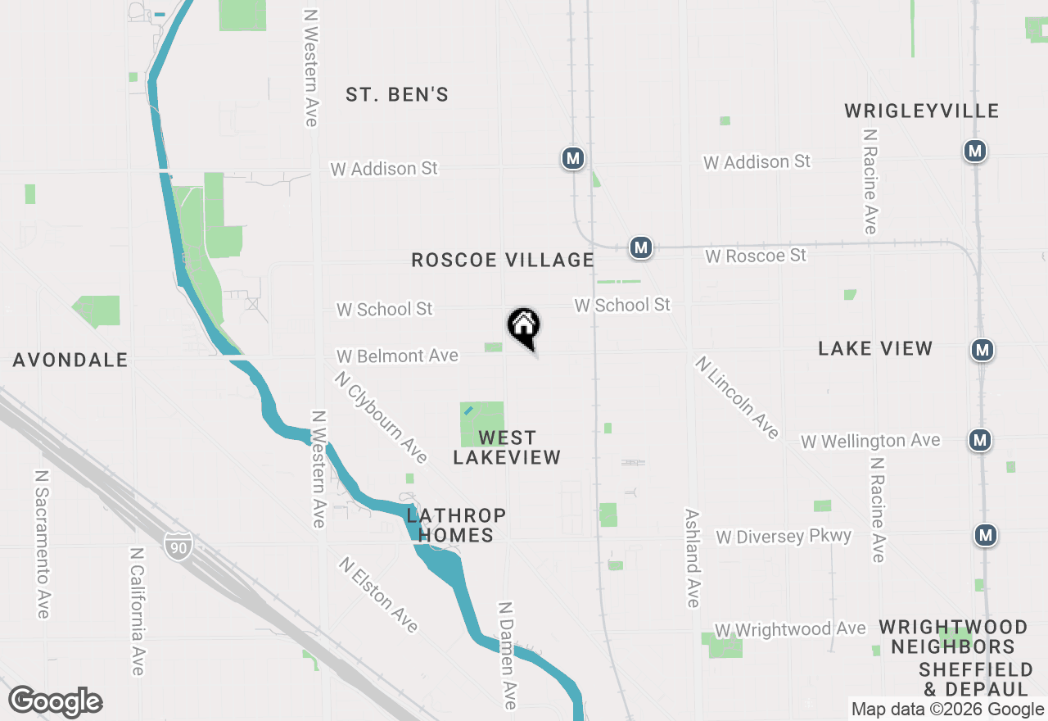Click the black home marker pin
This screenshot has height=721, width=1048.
point(524,328)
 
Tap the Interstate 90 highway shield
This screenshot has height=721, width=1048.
point(178,545)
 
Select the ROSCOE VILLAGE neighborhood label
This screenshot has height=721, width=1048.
point(503,261)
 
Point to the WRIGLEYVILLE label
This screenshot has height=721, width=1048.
point(922,111)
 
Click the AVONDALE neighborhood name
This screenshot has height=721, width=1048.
point(70,360)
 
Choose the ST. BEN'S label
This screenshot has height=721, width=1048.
point(397,95)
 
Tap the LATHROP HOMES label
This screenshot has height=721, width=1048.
point(456,525)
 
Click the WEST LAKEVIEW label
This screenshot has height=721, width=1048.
point(507,447)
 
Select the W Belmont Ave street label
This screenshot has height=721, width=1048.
point(397,356)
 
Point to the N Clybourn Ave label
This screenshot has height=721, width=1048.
point(381,417)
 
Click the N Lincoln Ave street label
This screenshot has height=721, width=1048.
point(737,397)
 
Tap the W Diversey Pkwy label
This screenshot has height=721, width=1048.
point(784,537)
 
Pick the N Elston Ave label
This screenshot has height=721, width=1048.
point(378,596)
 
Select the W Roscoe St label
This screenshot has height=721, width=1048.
point(756,256)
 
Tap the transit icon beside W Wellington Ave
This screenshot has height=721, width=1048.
point(980,440)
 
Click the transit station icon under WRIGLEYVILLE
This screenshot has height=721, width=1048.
point(974,151)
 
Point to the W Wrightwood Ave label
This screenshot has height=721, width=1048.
point(790,630)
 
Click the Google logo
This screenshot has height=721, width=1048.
point(55,702)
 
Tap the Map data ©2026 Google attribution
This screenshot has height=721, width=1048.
point(947,710)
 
